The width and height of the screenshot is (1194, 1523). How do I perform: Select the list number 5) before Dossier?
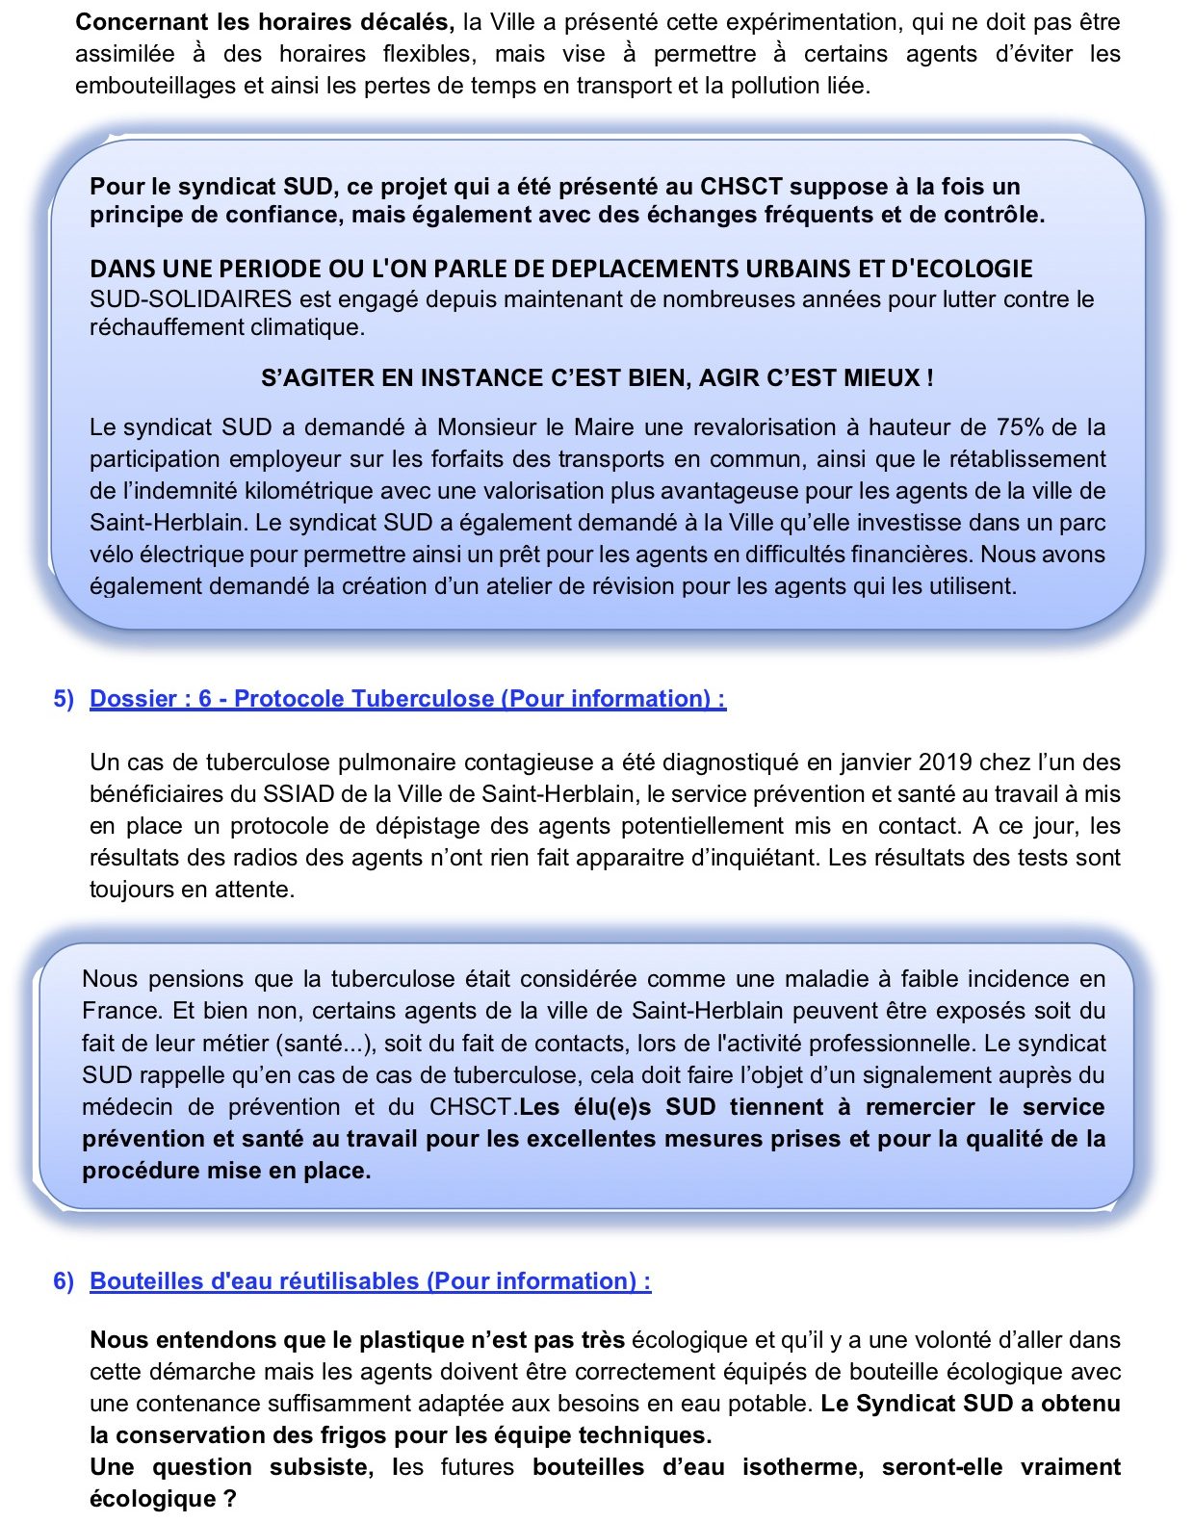pyautogui.click(x=64, y=699)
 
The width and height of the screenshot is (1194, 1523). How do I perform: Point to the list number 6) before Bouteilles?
pyautogui.click(x=64, y=1281)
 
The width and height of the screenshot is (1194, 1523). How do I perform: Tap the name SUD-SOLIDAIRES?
pyautogui.click(x=191, y=299)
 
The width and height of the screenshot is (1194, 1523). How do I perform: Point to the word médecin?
pyautogui.click(x=127, y=1107)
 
